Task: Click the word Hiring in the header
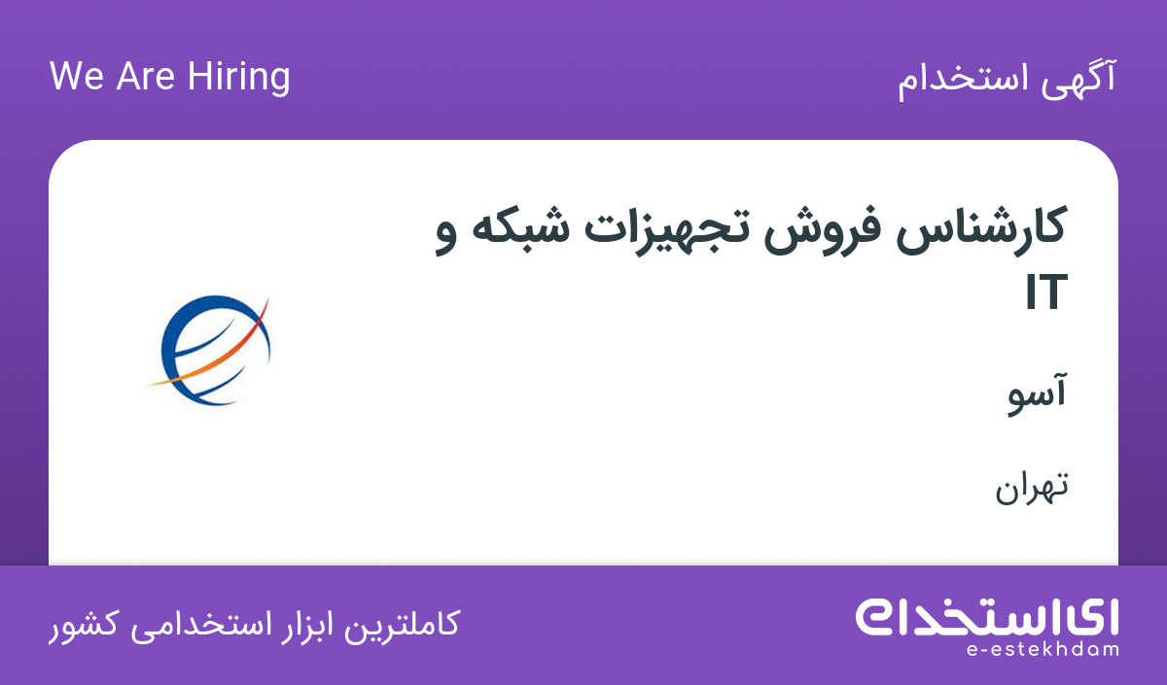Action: [x=238, y=78]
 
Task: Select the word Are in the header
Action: [x=145, y=76]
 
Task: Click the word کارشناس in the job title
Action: [x=980, y=230]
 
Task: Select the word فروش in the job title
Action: [x=823, y=230]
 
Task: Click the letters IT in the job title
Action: [x=1046, y=292]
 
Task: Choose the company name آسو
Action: [x=1037, y=394]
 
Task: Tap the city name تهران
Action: [x=1032, y=489]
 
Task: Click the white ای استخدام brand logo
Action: [x=987, y=617]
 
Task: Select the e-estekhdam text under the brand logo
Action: [x=1043, y=650]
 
